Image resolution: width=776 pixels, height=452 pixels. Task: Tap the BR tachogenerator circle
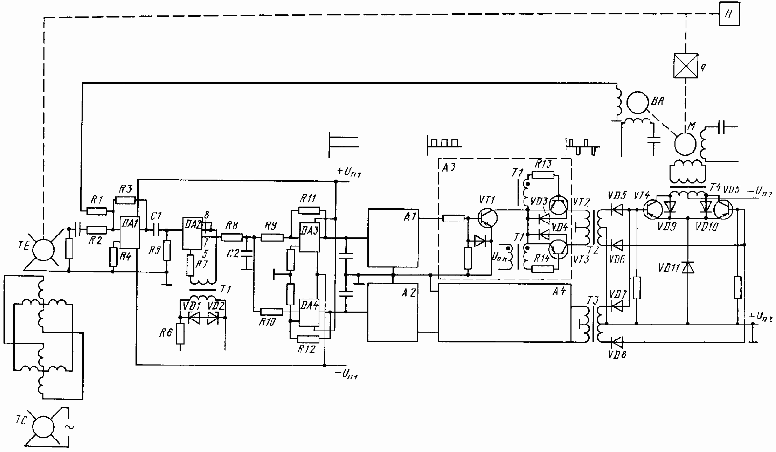point(636,103)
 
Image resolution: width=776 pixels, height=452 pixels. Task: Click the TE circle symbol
point(43,250)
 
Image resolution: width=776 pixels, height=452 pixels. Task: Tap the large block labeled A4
point(504,313)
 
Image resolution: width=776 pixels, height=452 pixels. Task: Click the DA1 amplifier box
point(130,232)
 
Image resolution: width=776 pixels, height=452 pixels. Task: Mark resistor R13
point(543,175)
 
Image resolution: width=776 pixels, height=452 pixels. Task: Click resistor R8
point(232,237)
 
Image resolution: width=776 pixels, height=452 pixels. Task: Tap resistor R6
point(180,333)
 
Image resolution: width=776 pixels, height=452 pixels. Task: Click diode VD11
point(688,268)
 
